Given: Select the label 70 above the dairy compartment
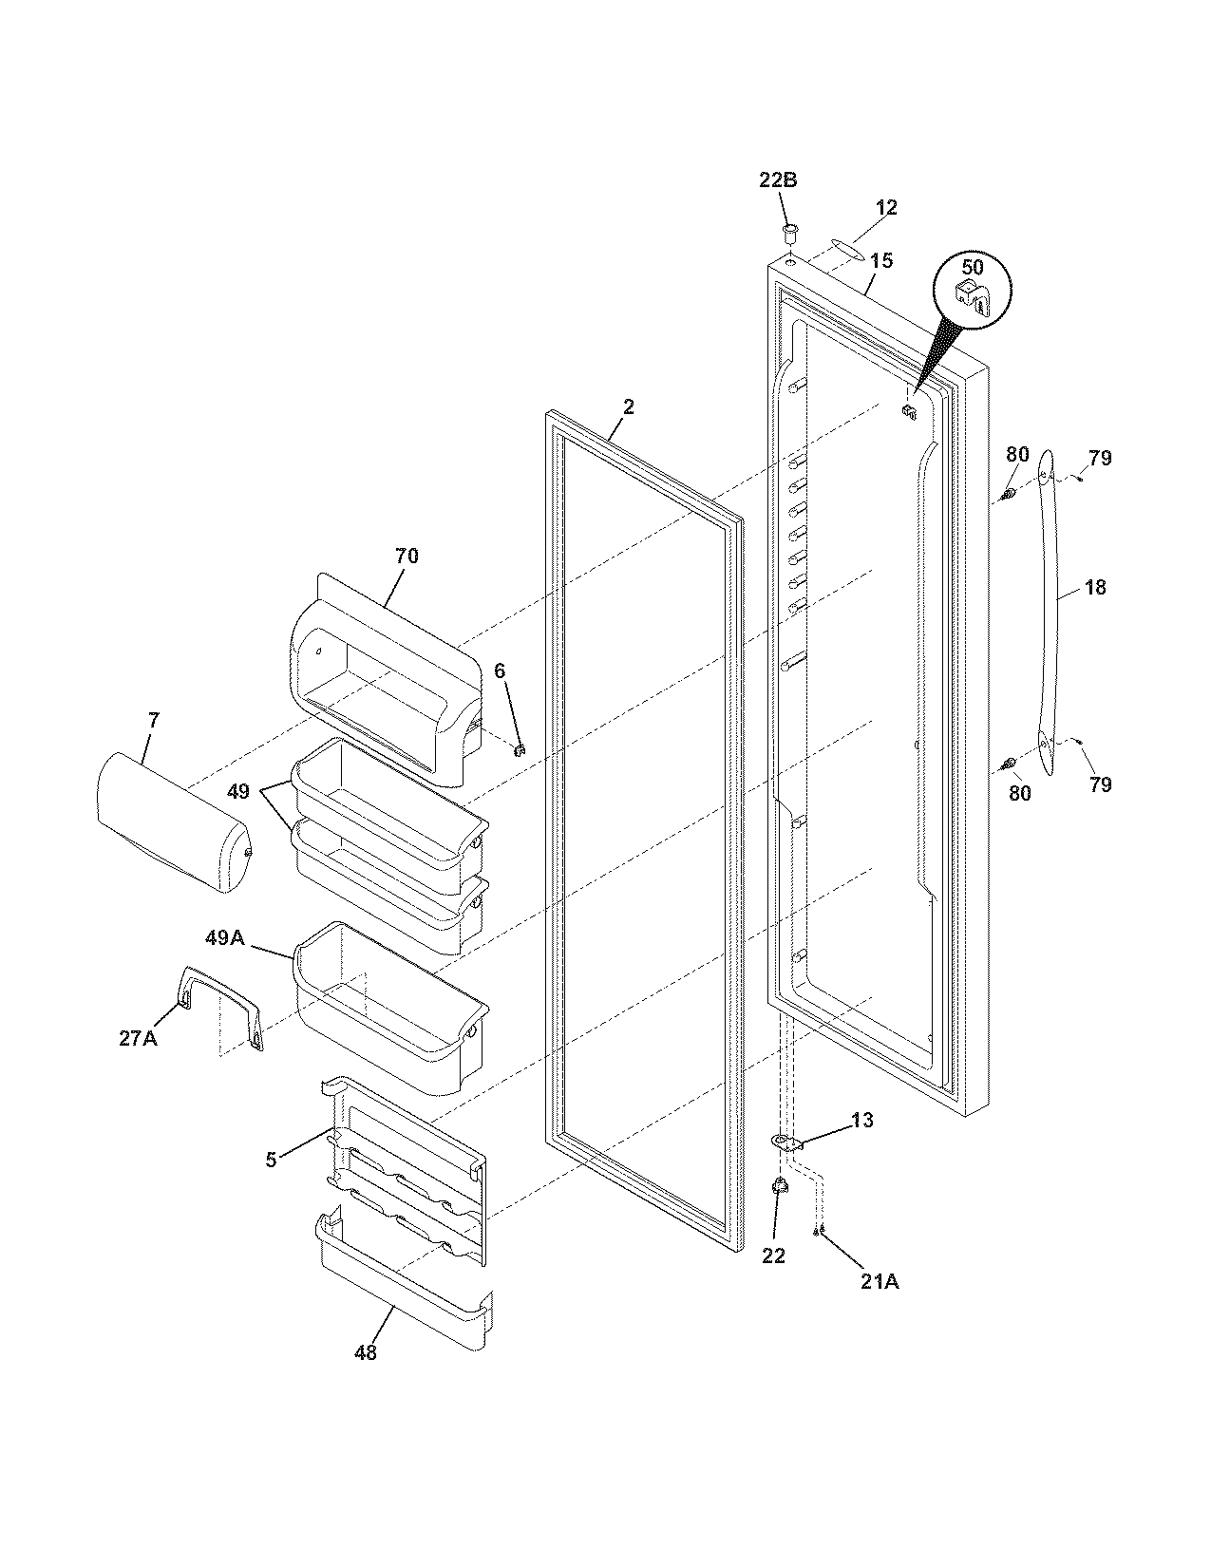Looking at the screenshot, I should click(x=406, y=557).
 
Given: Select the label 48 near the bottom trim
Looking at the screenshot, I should click(x=365, y=1353).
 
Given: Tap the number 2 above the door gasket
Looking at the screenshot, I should click(x=628, y=406).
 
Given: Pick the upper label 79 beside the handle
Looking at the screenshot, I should click(x=1099, y=458).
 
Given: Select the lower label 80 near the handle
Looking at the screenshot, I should click(x=1019, y=793).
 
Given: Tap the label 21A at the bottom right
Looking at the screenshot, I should click(x=880, y=1282).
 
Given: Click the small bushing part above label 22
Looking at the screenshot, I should click(x=780, y=1184).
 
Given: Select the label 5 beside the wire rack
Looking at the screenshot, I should click(x=271, y=1160).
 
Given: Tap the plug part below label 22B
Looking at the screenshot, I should click(x=787, y=231).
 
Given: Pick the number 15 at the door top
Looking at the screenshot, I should click(x=881, y=260).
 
